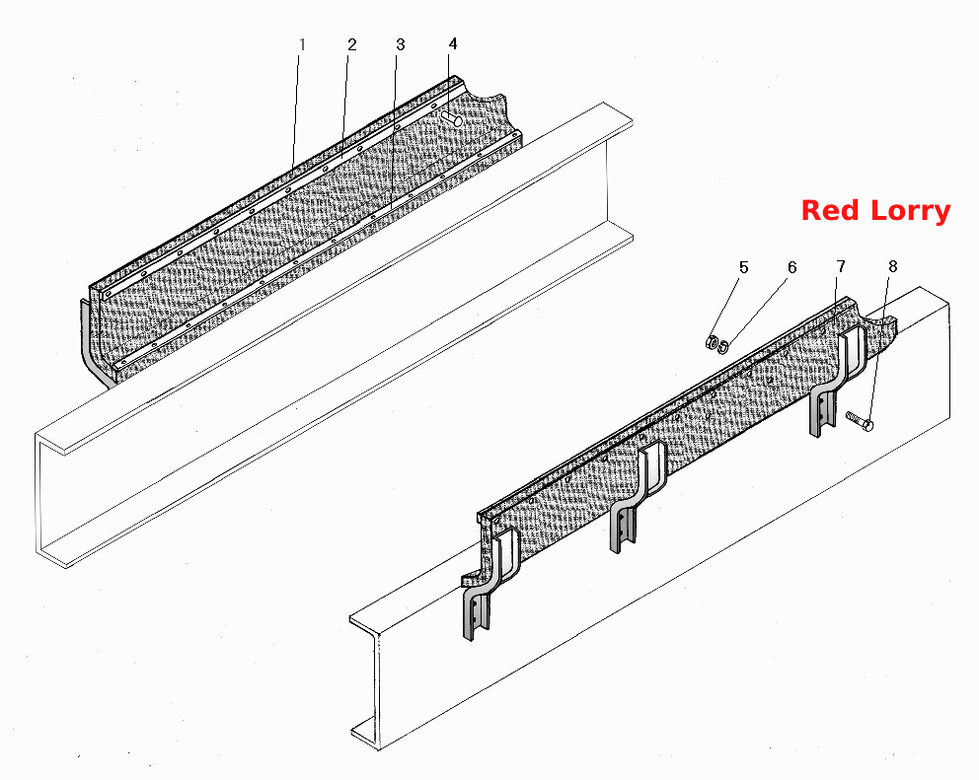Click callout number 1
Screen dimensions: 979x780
coord(302,45)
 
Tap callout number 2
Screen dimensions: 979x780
coord(352,45)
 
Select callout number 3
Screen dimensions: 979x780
coord(401,45)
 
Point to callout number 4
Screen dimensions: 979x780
coord(453,43)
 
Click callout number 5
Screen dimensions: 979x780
coord(743,267)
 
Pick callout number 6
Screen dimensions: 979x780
coord(791,267)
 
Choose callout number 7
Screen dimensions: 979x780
coord(841,267)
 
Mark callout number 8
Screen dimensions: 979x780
coord(893,266)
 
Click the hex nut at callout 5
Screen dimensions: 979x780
coord(712,342)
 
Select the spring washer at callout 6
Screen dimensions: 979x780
coord(723,346)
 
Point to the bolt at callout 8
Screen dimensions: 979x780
coord(860,421)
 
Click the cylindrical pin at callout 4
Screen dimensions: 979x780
coord(451,118)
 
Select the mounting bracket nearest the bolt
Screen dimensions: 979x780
coord(837,382)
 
